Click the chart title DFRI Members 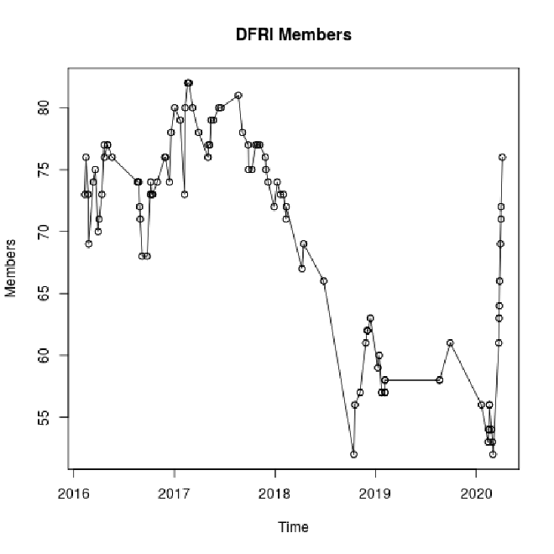coord(294,35)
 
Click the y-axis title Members coord(11,268)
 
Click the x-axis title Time coord(294,527)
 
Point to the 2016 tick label coord(73,492)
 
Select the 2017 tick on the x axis coord(174,492)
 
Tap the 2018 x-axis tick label coord(274,492)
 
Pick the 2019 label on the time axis coord(375,492)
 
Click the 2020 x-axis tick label coord(476,492)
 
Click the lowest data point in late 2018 coord(354,454)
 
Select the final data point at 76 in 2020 coord(502,157)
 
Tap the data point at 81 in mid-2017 coord(238,95)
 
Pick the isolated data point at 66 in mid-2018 coord(324,280)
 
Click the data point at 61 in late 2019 coord(450,342)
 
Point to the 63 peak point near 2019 coord(370,318)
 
